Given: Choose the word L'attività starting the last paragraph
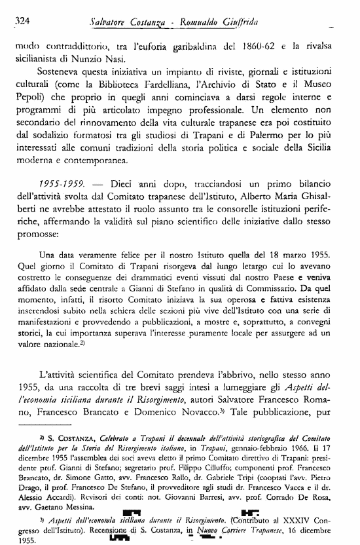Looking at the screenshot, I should (66, 358).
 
